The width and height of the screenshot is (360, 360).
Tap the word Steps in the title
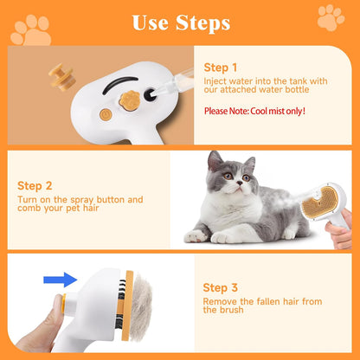[200, 22]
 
